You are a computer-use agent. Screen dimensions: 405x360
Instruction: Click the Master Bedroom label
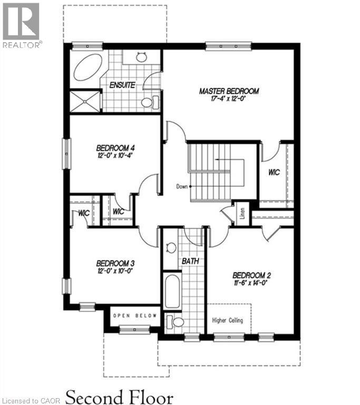pos(229,91)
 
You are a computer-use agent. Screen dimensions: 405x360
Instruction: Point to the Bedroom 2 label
pos(251,275)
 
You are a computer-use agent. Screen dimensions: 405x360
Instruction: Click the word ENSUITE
pos(122,85)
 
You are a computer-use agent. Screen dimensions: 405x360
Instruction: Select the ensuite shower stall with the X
pos(84,101)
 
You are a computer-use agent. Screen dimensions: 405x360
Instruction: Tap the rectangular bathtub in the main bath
pos(172,291)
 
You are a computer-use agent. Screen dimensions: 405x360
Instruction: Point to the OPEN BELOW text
pos(135,316)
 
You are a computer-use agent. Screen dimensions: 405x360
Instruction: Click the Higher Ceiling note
pos(227,320)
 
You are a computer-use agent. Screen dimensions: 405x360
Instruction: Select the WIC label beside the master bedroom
pos(274,172)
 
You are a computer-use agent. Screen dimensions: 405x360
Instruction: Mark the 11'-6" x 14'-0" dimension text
pos(251,283)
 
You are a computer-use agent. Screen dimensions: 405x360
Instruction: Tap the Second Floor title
pos(119,395)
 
